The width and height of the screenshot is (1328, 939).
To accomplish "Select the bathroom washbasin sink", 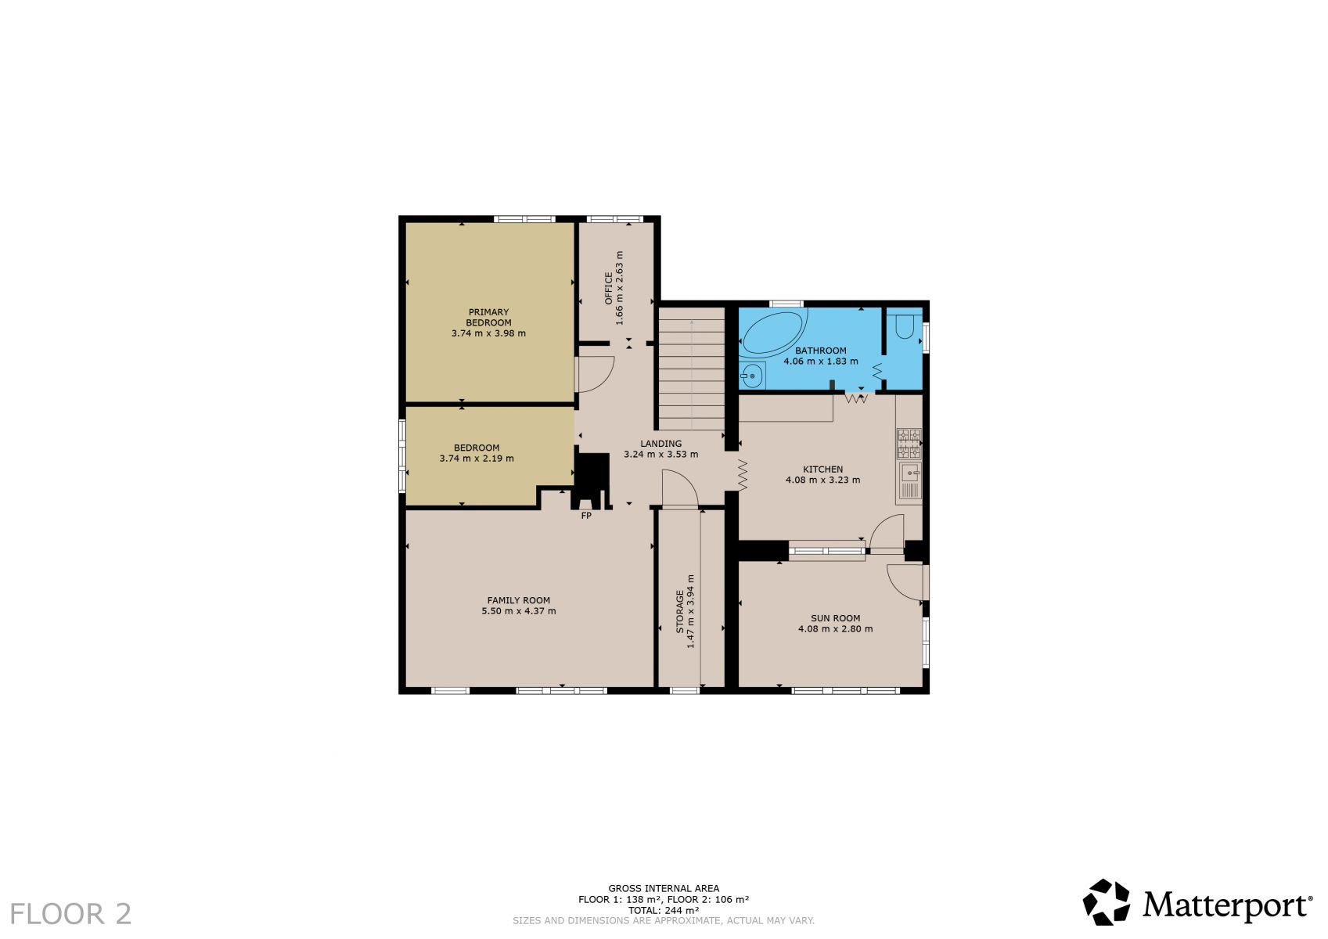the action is (x=752, y=376).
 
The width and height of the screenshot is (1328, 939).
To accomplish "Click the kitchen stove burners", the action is (x=909, y=444).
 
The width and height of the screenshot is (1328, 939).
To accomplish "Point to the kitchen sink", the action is (x=909, y=480).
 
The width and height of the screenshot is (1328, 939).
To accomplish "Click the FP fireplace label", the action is (x=585, y=516).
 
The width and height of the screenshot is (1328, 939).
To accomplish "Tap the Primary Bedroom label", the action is (x=488, y=317).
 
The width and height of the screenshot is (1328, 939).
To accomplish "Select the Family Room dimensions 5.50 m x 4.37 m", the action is (x=519, y=610).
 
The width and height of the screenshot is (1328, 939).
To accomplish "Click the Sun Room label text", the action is (x=835, y=617).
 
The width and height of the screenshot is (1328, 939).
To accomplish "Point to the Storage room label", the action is (x=680, y=611).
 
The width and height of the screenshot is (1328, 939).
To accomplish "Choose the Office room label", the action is (x=608, y=288).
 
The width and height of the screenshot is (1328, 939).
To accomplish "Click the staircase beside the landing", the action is (x=691, y=368).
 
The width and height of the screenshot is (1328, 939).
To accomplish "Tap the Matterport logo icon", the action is (x=1107, y=902).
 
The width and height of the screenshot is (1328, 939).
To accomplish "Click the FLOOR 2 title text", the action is (x=70, y=914).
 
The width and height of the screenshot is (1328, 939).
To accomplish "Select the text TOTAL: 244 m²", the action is (x=664, y=910).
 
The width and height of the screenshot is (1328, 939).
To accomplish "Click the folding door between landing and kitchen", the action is (x=743, y=475).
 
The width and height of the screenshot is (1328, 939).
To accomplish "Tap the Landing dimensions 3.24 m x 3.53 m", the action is (x=661, y=454).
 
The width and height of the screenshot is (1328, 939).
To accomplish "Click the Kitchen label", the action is (x=823, y=469).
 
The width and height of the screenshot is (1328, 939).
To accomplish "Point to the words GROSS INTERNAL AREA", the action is (x=664, y=888).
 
